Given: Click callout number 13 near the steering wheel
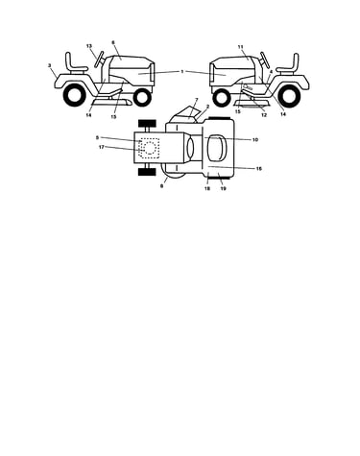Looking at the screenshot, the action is coord(89,46).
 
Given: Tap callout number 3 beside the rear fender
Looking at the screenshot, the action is coord(50,65).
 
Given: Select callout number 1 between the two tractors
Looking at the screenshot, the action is coord(182,71).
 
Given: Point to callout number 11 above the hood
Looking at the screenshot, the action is coord(241,47).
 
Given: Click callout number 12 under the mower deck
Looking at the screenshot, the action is coord(264,115).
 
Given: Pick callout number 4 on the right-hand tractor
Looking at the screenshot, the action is coord(271,72).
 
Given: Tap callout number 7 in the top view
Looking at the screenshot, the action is coord(197,100).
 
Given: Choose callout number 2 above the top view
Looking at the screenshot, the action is coord(207,106).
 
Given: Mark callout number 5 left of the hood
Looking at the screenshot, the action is coord(97,137).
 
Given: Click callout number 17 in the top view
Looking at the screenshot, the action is coord(102,147).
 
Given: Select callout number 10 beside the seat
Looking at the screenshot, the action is coord(255,140).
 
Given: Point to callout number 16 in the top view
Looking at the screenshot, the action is coord(259,168).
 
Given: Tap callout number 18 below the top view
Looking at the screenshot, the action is coord(207,188).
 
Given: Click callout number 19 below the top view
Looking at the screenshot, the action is coord(223,188).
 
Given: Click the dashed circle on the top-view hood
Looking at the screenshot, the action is coord(150,142).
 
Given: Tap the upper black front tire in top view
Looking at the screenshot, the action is coord(147,123).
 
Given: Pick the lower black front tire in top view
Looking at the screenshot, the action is coord(147,172).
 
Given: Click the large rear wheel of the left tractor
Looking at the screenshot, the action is coord(75,95).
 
